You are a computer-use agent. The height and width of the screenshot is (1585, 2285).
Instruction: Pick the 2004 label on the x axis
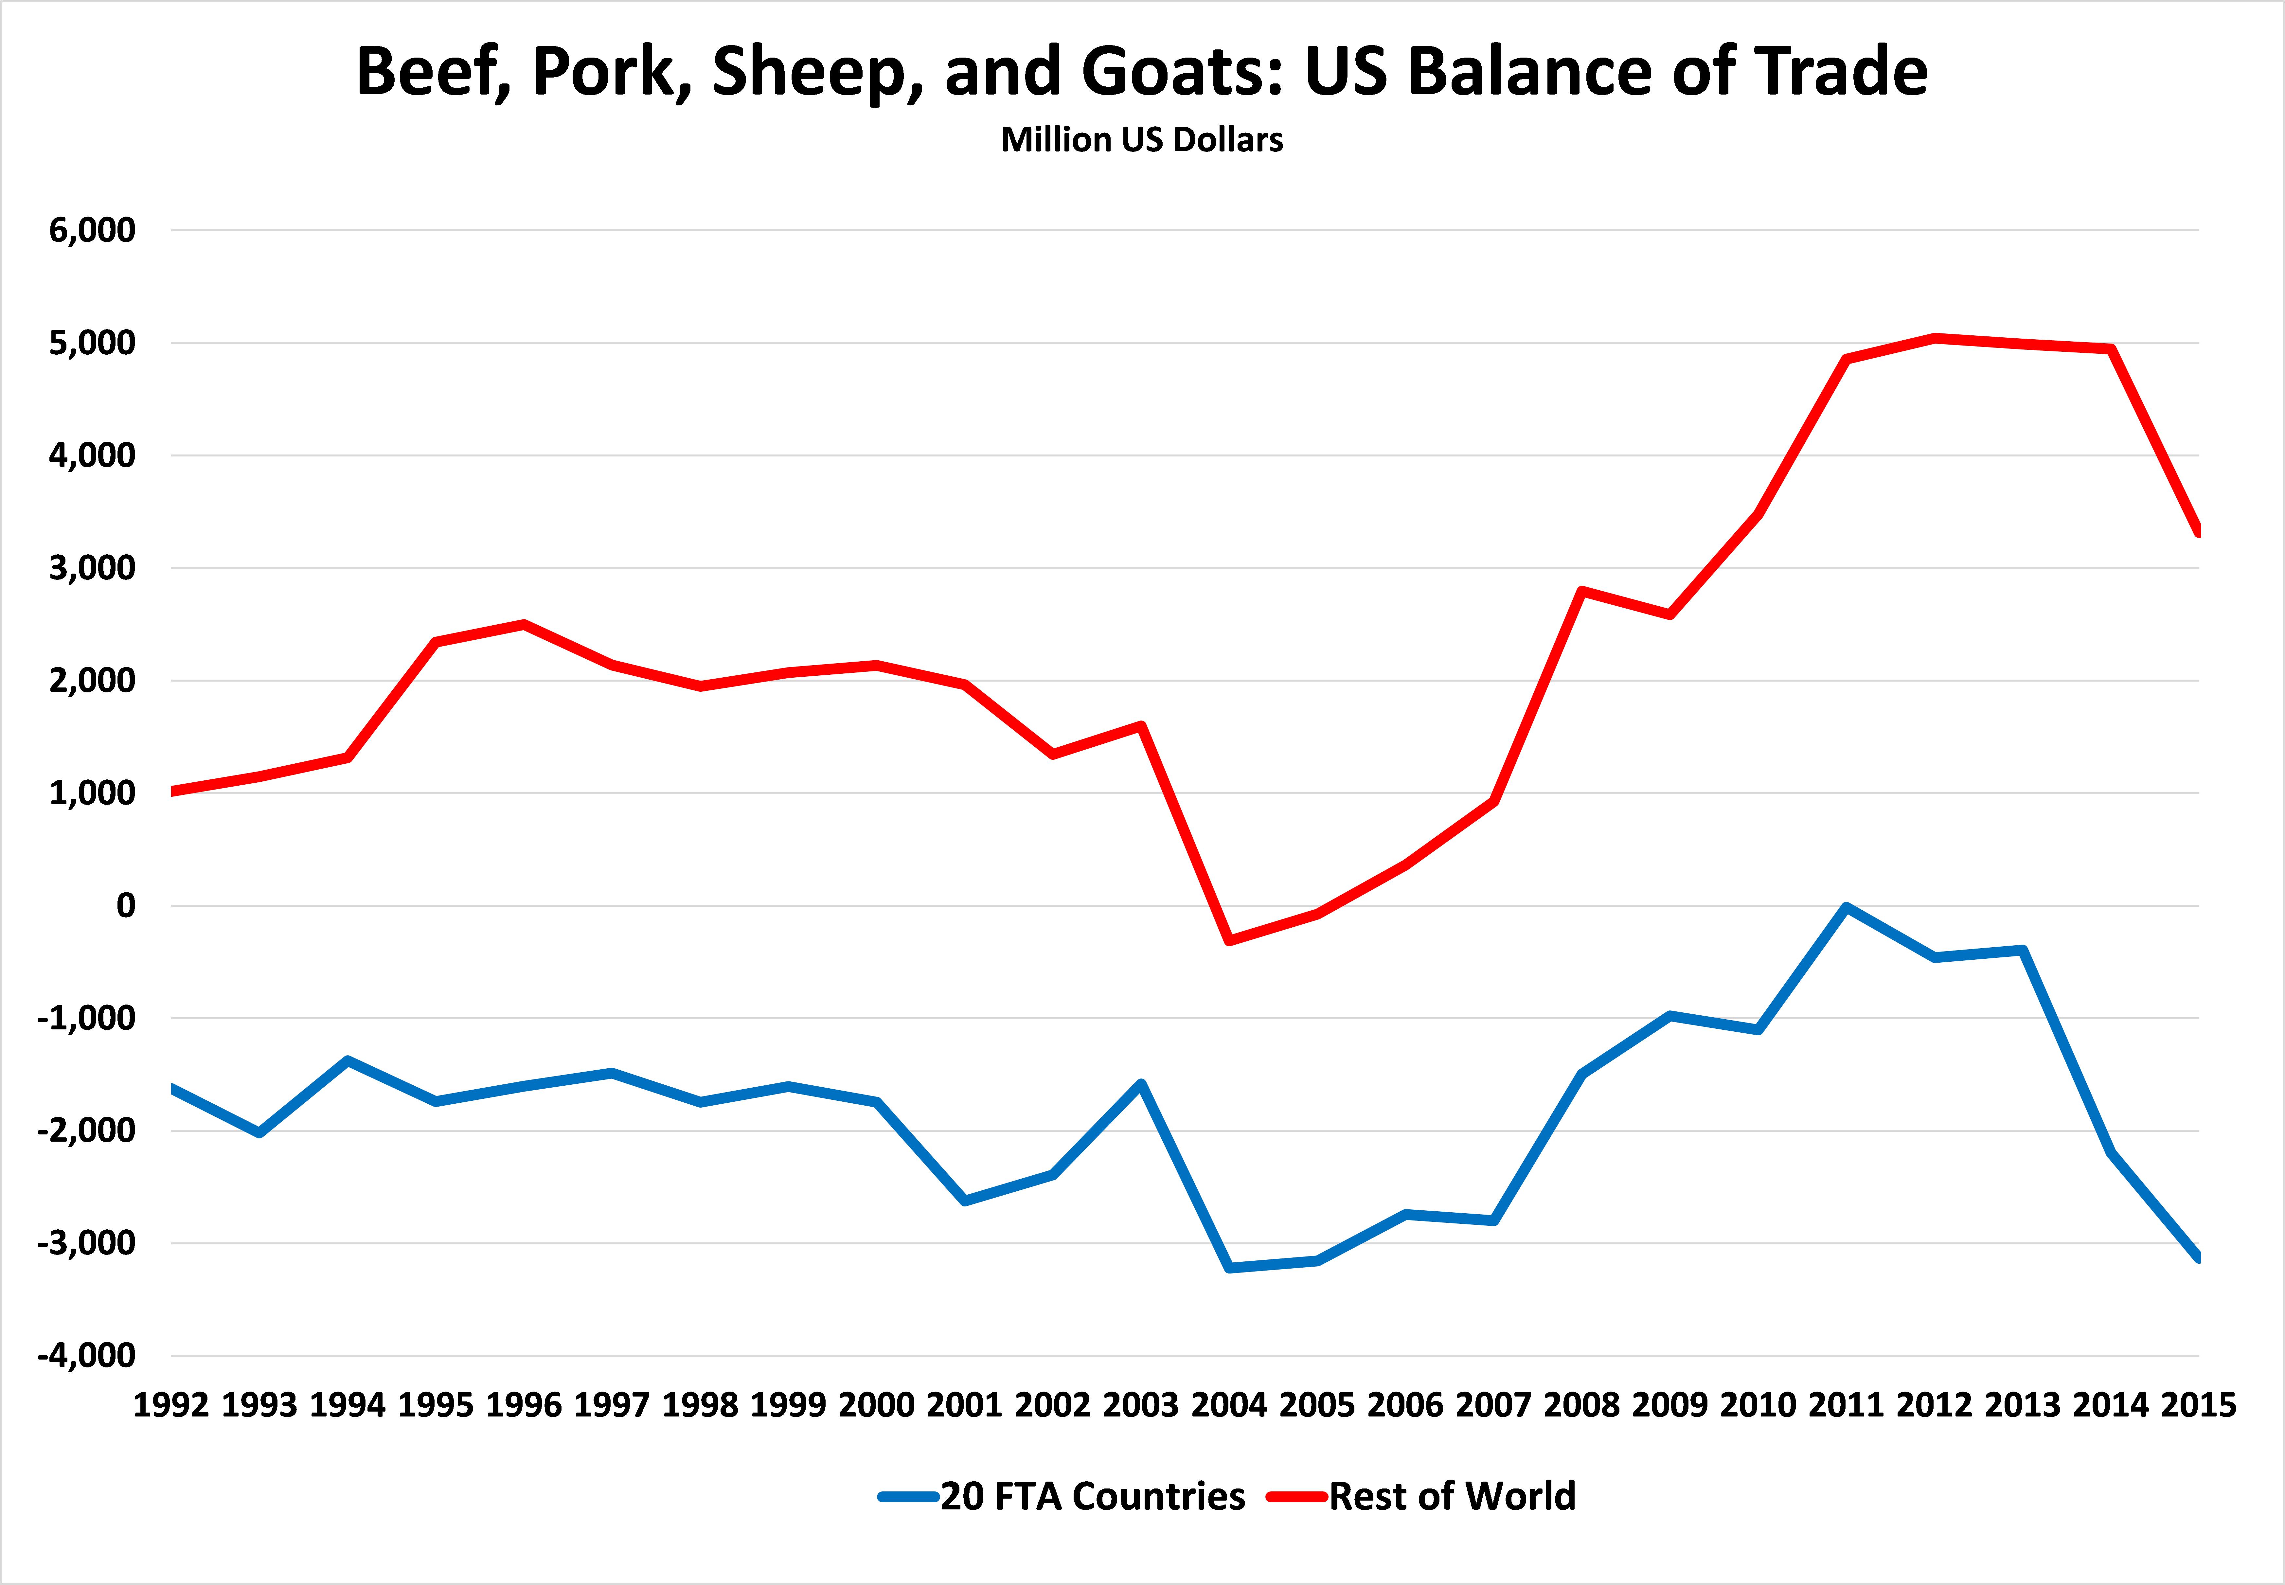coord(1229,1405)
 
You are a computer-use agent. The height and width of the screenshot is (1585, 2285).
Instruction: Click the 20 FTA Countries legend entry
coord(1062,1496)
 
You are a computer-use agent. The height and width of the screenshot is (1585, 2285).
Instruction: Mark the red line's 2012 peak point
coord(1935,338)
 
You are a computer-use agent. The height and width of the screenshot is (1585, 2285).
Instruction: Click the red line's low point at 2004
coord(1229,939)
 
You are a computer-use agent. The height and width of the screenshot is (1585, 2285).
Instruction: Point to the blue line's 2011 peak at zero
coord(1846,907)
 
